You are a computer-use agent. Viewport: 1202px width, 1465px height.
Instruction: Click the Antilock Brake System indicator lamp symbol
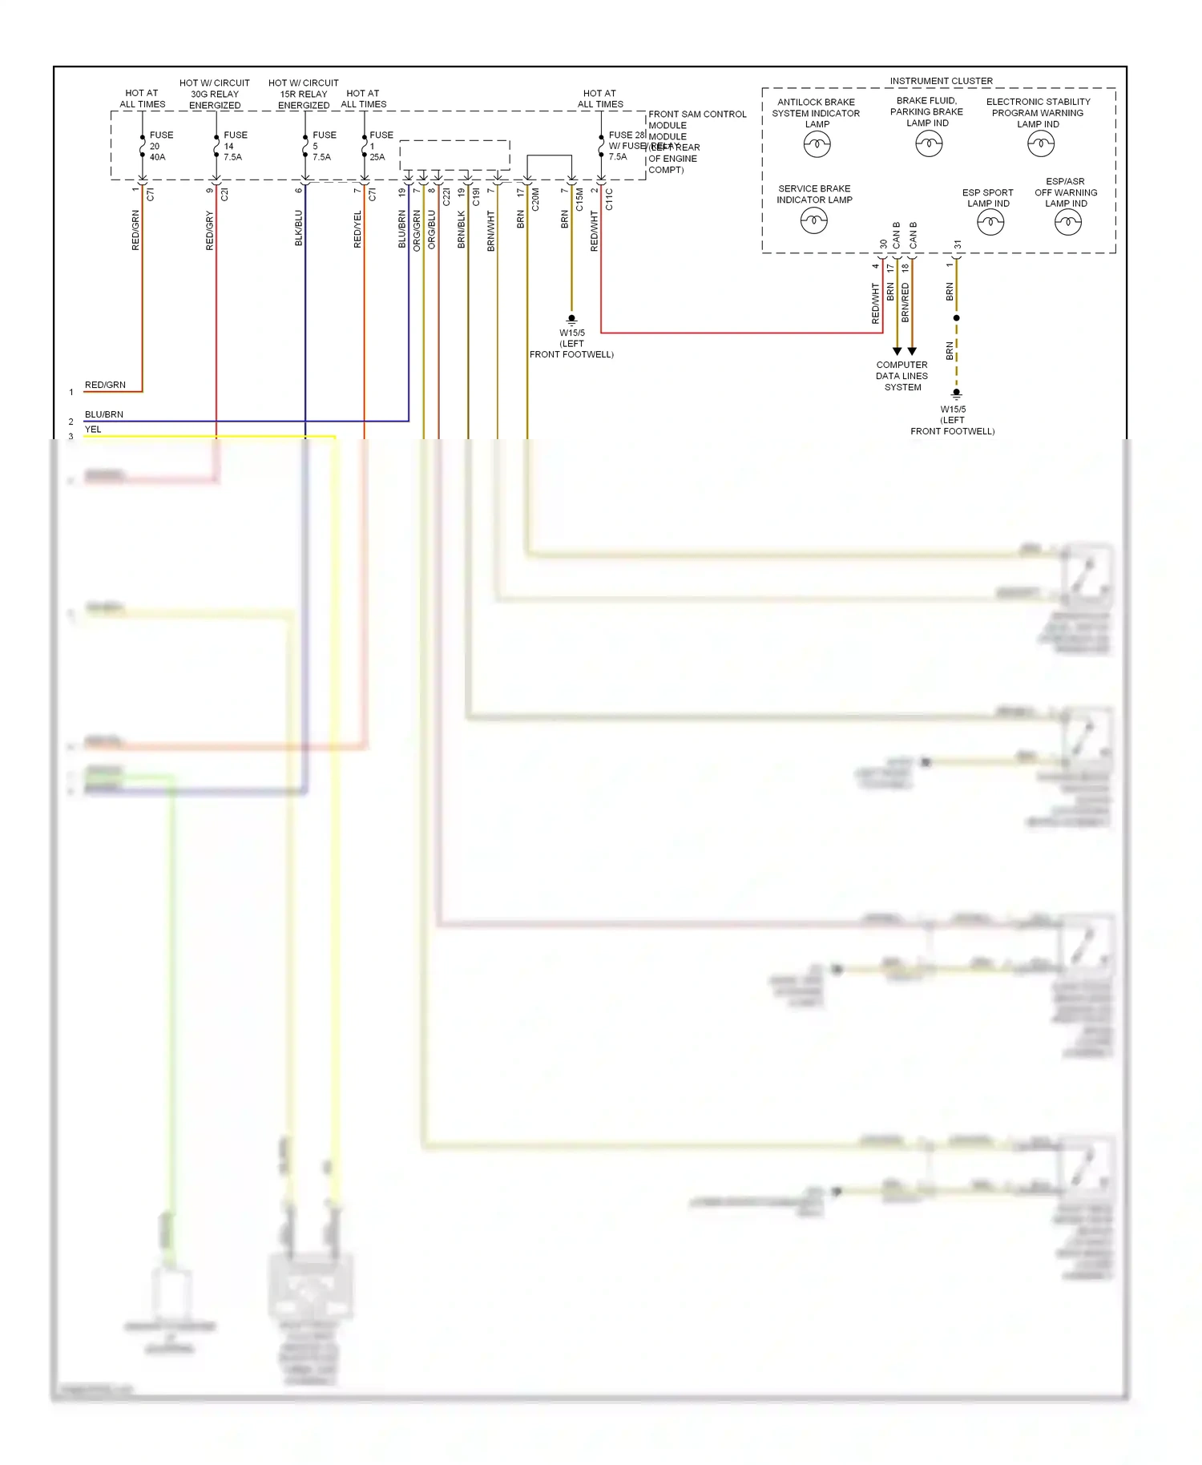(x=817, y=145)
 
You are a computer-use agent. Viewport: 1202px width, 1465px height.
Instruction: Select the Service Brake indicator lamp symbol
(x=813, y=220)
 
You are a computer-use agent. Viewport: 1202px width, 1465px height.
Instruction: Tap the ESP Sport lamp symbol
(x=990, y=222)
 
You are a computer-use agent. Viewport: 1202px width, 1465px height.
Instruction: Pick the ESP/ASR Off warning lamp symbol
(x=1067, y=222)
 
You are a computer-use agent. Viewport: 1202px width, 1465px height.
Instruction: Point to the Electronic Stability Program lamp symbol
(x=1040, y=144)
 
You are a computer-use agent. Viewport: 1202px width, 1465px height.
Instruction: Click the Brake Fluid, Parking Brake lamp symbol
(x=929, y=144)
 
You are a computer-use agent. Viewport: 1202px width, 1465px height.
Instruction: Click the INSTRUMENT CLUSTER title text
(x=941, y=81)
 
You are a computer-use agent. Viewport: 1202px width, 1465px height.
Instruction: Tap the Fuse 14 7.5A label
(x=234, y=146)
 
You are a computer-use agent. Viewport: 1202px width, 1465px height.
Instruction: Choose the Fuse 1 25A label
(x=380, y=146)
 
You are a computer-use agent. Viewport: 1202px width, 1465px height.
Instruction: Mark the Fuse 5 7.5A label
(x=323, y=146)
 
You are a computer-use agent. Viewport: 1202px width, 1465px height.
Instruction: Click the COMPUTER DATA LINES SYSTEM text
(x=902, y=376)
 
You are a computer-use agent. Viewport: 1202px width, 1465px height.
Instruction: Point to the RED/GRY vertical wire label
(x=210, y=231)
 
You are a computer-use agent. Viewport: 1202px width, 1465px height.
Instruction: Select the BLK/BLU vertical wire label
(x=299, y=228)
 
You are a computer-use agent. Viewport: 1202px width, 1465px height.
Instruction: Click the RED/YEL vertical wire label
(x=358, y=230)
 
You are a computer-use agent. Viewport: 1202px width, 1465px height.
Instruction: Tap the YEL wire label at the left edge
(x=93, y=430)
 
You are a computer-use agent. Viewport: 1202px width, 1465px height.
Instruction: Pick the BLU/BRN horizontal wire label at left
(x=104, y=414)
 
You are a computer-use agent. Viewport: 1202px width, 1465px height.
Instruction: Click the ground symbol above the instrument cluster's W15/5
(x=956, y=393)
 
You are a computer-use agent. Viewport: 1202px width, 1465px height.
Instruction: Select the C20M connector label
(x=535, y=200)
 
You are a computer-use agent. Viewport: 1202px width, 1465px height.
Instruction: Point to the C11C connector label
(x=609, y=200)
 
